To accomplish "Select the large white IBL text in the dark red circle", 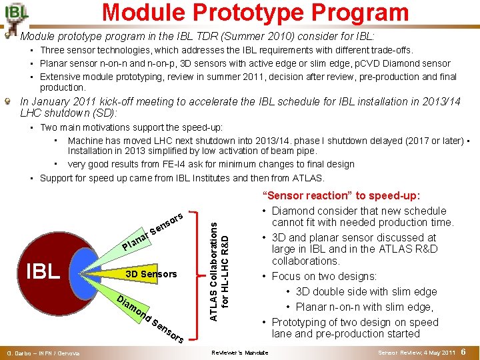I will pyautogui.click(x=43, y=272).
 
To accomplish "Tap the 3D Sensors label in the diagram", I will pyautogui.click(x=151, y=274).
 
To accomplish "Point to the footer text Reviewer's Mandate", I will pyautogui.click(x=239, y=353).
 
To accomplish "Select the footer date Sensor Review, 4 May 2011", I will pyautogui.click(x=416, y=353).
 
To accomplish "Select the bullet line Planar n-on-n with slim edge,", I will pyautogui.click(x=365, y=306).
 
